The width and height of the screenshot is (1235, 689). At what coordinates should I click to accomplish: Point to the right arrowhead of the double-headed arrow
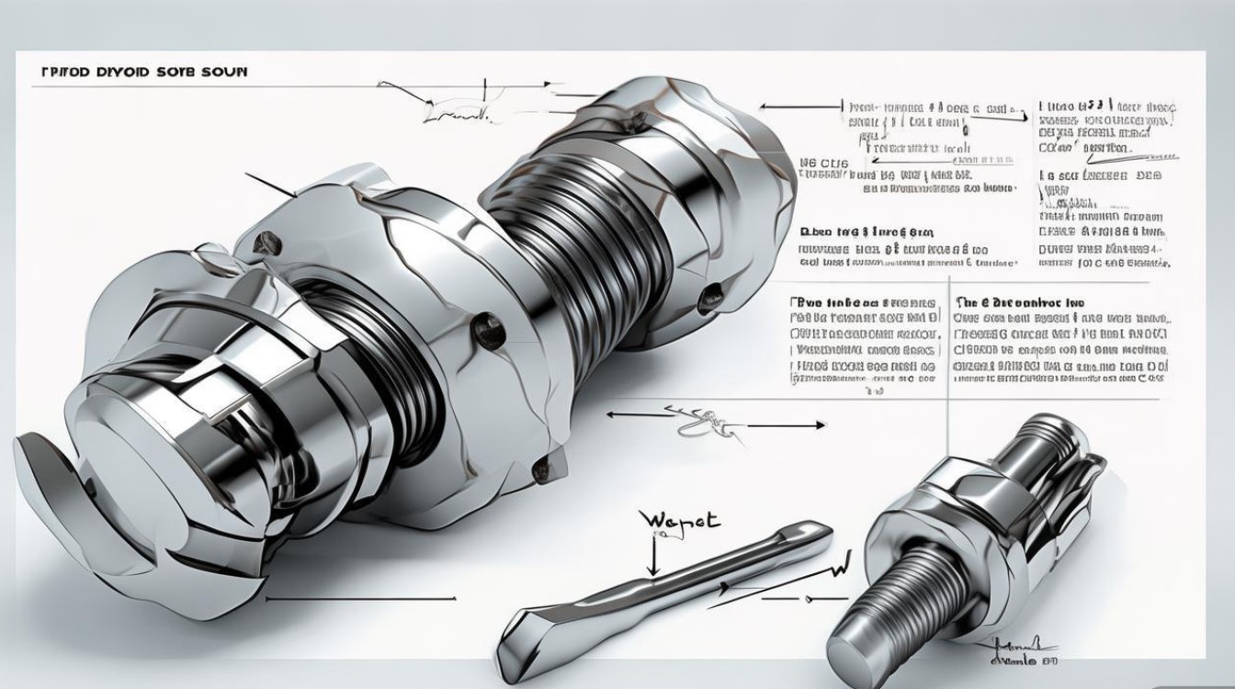click(820, 424)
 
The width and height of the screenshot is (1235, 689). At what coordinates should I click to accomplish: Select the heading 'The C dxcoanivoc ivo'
click(1020, 302)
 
